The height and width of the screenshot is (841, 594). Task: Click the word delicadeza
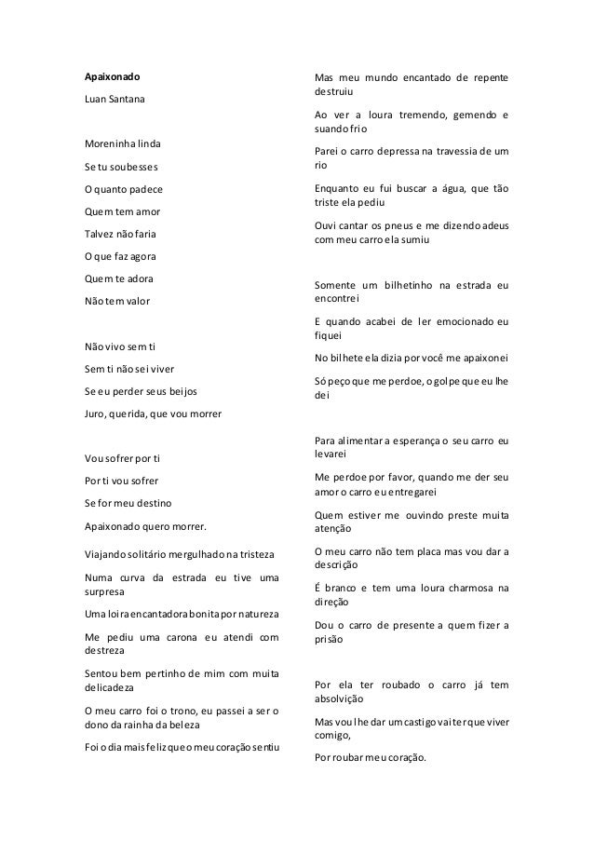point(102,689)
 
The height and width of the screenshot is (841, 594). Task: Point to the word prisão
point(330,642)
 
